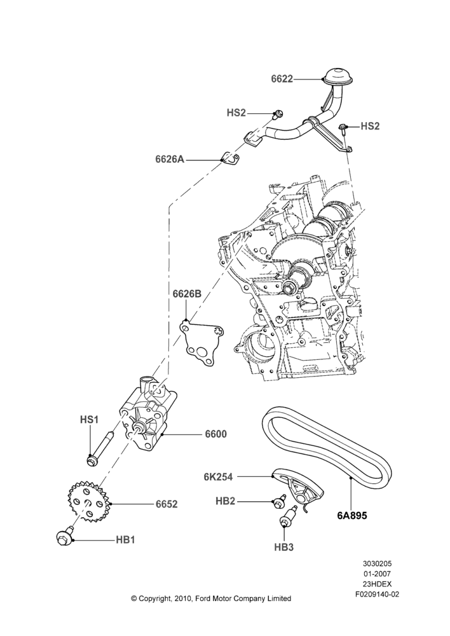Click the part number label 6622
pos(282,79)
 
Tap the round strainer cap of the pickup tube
pos(338,77)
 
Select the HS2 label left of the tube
pos(236,113)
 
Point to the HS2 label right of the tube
pos(370,126)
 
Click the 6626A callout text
pos(170,160)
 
